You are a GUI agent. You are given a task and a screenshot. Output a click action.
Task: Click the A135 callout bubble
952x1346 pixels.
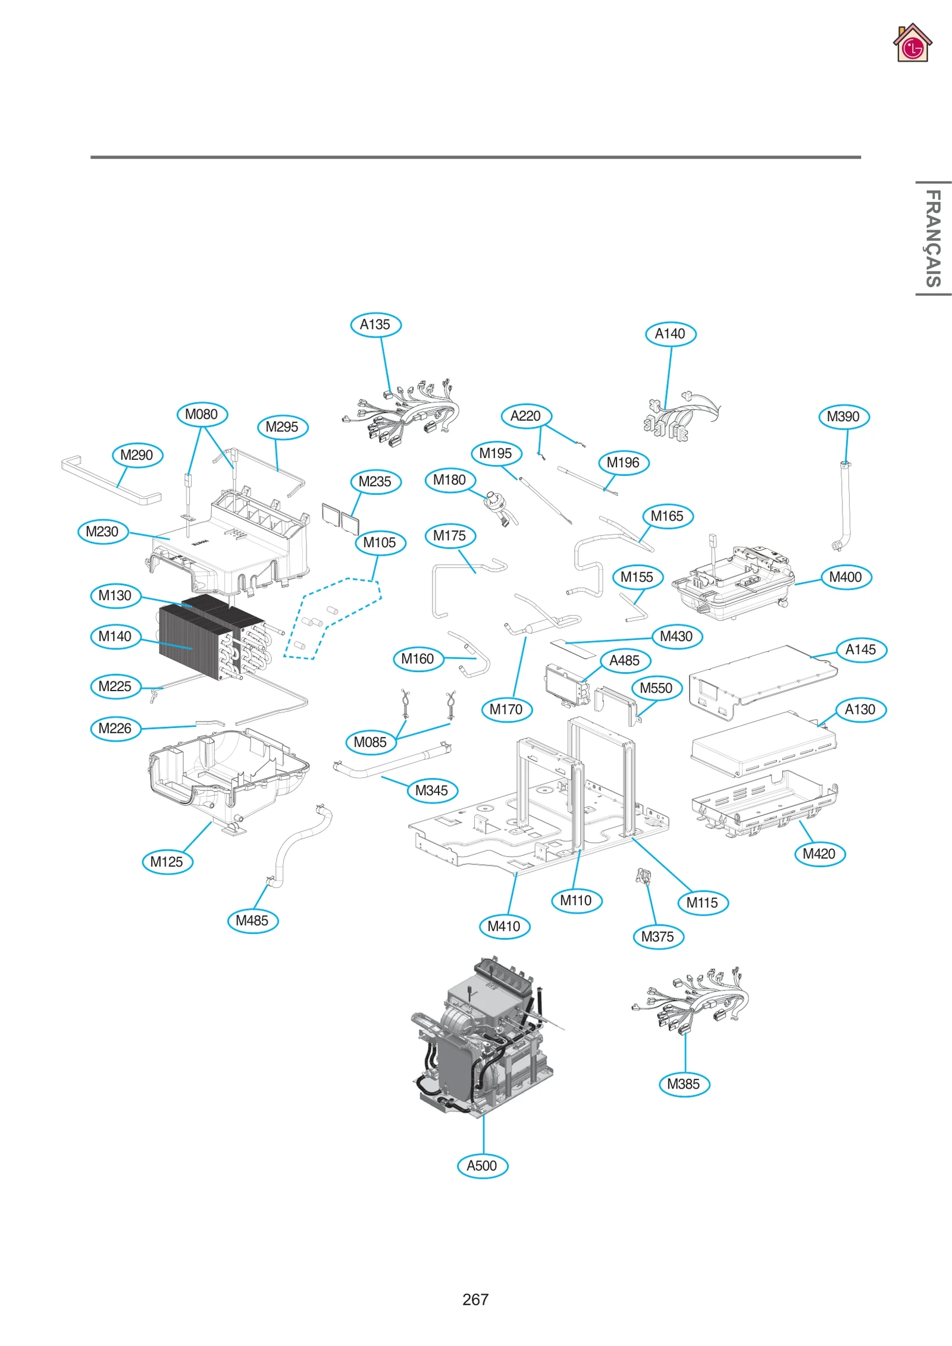pos(375,325)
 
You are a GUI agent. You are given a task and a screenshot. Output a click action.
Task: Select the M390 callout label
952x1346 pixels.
pos(843,416)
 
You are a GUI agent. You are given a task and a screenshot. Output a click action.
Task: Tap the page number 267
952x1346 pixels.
pos(475,1299)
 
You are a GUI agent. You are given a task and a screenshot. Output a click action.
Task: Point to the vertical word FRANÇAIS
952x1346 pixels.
pos(932,238)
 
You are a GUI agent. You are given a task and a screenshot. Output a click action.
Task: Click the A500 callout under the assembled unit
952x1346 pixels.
pos(482,1165)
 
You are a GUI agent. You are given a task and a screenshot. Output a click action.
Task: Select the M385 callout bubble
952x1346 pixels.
pos(684,1084)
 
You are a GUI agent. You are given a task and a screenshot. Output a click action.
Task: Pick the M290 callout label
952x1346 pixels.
pos(137,455)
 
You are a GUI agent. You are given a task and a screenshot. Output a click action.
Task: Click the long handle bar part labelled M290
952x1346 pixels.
pos(110,481)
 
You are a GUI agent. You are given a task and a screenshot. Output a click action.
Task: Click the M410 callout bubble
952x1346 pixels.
pos(504,926)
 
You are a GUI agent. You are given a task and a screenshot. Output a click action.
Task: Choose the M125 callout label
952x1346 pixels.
pos(167,861)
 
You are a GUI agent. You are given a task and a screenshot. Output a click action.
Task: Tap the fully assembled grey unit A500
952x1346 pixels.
pos(482,1041)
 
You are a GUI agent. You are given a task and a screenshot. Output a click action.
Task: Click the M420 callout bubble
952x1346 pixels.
pos(819,854)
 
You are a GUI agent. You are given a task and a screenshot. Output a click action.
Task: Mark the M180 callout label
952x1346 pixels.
pos(450,480)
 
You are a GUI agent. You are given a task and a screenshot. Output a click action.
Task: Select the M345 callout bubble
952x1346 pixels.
pos(432,790)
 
